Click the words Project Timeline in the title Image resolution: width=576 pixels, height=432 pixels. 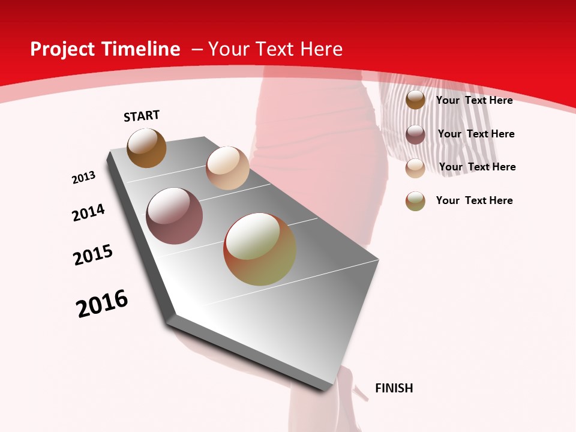[x=105, y=49]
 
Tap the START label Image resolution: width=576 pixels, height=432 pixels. [x=142, y=116]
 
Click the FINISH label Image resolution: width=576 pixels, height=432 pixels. [x=394, y=388]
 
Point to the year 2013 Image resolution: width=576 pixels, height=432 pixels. [x=83, y=178]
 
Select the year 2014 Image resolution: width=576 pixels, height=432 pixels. [x=88, y=212]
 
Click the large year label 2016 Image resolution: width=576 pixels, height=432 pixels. [x=102, y=304]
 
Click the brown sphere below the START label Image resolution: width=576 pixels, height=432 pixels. [x=146, y=148]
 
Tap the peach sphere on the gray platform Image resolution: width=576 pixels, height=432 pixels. [x=227, y=168]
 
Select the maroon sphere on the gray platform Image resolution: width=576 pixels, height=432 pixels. [x=175, y=216]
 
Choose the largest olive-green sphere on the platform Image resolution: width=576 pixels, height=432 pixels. [x=260, y=249]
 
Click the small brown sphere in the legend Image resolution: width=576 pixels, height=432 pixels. [x=415, y=100]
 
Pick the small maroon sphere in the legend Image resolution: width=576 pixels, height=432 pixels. [x=415, y=134]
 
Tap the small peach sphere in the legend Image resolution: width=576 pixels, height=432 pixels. [x=415, y=168]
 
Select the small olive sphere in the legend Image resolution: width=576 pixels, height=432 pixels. [x=415, y=201]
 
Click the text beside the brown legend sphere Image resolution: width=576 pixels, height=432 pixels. [x=474, y=100]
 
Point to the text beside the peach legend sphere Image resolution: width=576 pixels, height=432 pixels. [x=477, y=167]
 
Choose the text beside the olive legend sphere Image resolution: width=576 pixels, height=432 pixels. [x=474, y=200]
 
